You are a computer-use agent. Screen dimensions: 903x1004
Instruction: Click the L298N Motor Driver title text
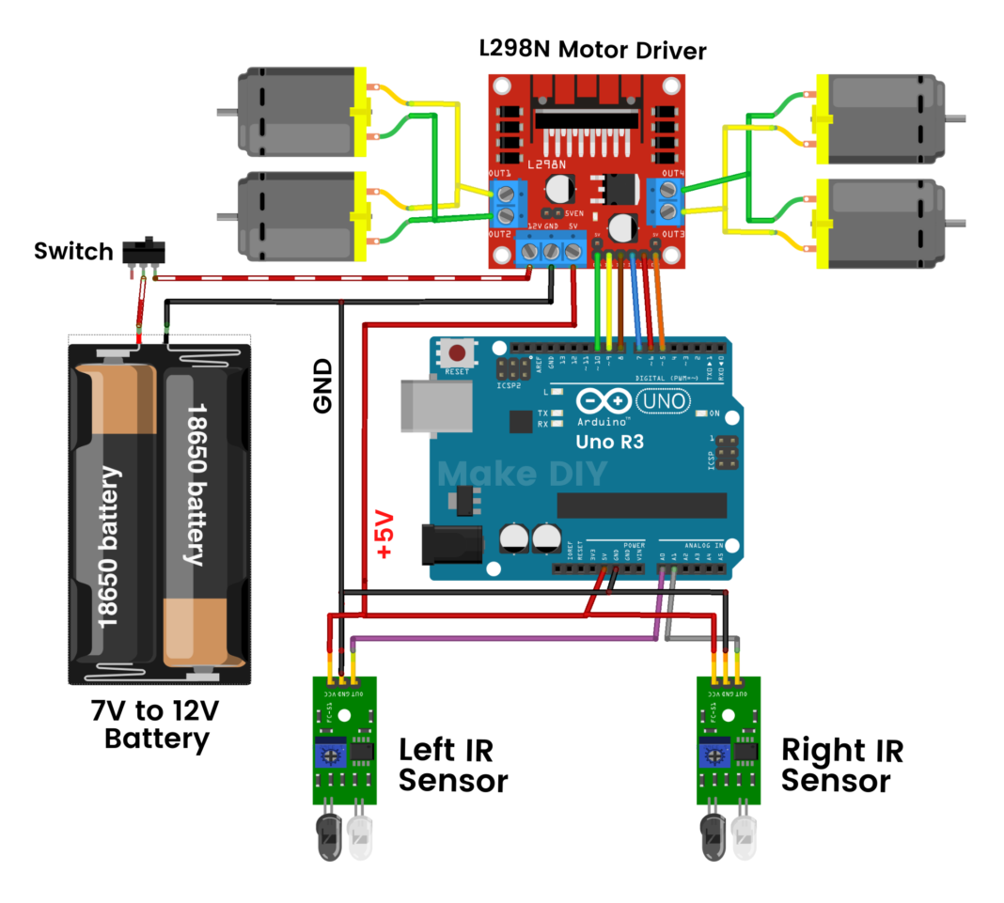pos(591,50)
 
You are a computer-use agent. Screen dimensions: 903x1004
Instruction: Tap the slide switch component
pos(145,253)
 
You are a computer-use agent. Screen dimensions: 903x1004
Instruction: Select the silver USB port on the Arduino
pos(433,407)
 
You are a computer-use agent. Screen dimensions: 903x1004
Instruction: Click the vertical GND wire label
pos(322,385)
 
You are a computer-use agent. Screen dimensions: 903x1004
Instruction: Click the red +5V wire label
pos(385,537)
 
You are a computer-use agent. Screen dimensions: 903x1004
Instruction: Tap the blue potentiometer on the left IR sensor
pos(330,751)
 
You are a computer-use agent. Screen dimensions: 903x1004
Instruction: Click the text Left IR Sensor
pos(452,765)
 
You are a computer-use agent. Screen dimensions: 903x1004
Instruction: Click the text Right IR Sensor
pos(841,765)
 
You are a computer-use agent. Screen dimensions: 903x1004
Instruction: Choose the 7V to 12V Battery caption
pos(157,723)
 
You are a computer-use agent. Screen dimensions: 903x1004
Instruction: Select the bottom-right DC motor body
pos(885,224)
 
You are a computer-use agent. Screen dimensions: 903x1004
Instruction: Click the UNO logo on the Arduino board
pos(664,402)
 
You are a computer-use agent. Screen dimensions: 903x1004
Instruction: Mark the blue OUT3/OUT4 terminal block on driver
pos(667,199)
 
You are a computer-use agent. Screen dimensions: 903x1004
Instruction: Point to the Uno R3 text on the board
pos(610,441)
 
